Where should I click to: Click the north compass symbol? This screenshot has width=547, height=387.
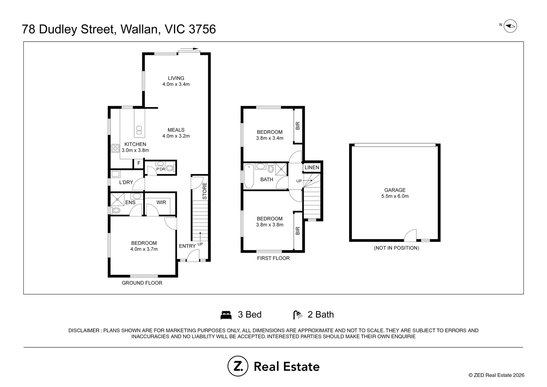click(510, 26)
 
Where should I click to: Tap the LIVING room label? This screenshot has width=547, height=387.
click(176, 78)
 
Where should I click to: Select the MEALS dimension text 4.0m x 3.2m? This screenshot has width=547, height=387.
click(176, 136)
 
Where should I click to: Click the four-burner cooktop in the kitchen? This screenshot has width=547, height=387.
click(115, 148)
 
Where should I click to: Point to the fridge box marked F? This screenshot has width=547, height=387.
click(139, 163)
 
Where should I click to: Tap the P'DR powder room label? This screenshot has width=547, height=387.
click(161, 169)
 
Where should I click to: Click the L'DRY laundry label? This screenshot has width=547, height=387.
click(126, 182)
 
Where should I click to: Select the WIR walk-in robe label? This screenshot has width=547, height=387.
click(161, 202)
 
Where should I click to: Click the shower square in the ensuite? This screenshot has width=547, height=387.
click(117, 200)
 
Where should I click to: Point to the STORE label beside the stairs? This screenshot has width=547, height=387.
click(205, 191)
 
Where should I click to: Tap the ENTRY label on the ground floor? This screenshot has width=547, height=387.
click(187, 246)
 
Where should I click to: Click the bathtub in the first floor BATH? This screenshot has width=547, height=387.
click(249, 176)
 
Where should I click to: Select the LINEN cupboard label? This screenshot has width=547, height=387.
click(312, 167)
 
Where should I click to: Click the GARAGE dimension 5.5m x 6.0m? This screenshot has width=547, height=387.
click(395, 196)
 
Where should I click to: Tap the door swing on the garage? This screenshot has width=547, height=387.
click(410, 235)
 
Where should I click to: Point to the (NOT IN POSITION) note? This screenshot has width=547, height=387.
click(396, 248)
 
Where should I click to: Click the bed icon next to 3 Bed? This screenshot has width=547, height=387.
click(226, 315)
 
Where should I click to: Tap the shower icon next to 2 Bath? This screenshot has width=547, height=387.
click(298, 315)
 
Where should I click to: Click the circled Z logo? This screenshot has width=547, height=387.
click(238, 366)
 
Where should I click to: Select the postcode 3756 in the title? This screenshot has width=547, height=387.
click(202, 29)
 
